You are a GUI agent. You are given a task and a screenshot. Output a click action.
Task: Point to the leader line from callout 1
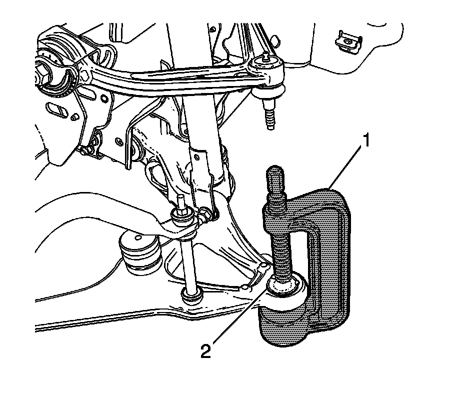345,167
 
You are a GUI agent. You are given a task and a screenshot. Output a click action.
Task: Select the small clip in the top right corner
348,41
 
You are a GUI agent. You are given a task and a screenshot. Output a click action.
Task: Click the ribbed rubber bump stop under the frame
140,251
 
